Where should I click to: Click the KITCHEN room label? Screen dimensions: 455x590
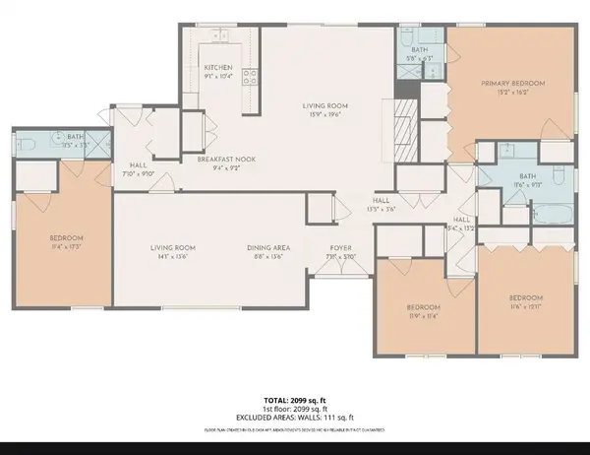[218, 67]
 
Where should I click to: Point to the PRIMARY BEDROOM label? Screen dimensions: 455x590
[512, 84]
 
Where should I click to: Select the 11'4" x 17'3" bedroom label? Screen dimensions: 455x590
[67, 247]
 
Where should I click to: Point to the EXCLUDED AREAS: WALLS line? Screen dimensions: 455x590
[294, 417]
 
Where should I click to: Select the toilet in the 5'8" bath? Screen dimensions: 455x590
[407, 52]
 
